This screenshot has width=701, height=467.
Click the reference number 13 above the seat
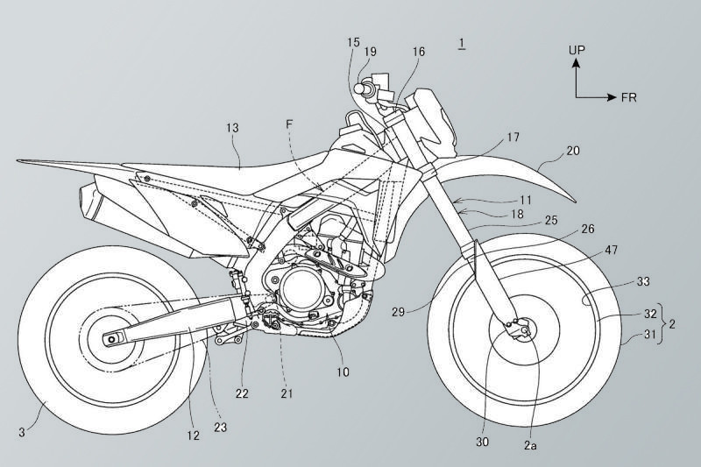point(231,128)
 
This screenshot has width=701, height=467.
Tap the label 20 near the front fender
point(573,151)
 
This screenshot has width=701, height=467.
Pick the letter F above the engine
point(291,124)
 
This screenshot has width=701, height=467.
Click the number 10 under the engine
point(342,372)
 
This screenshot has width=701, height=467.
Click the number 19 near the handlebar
point(371,53)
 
